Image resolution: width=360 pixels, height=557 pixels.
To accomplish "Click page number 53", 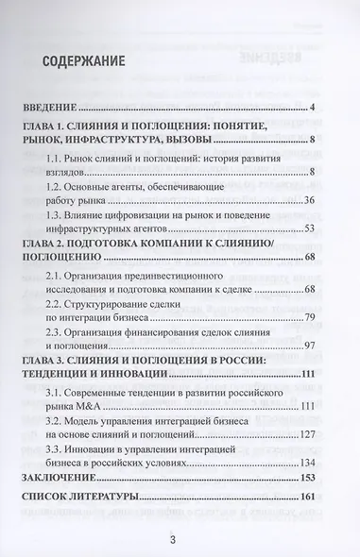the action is point(308,228).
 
